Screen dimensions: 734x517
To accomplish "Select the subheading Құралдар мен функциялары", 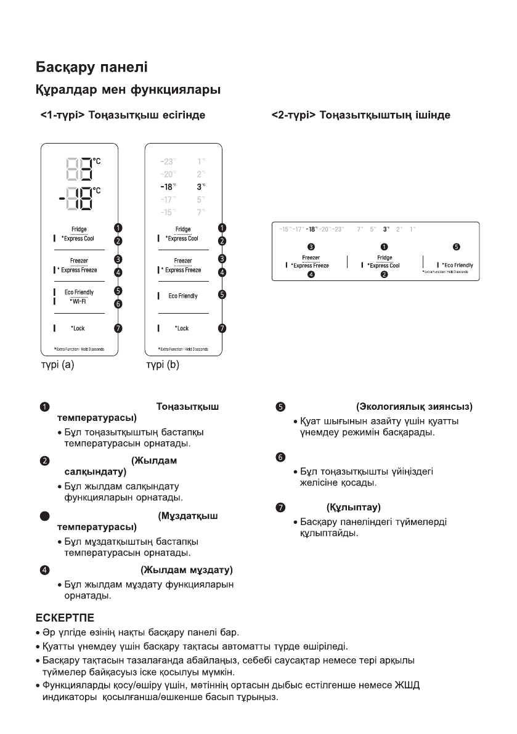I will (x=126, y=90).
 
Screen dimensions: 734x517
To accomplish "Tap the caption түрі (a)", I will (x=54, y=364).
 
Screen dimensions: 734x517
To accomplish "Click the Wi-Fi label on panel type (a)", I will (x=78, y=301).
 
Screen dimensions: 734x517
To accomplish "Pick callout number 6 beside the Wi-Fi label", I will (x=118, y=304).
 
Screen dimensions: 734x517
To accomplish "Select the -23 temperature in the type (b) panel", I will (x=167, y=161).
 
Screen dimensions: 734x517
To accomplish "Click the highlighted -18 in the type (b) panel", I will (x=167, y=186).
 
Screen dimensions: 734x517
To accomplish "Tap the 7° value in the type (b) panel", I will (x=201, y=212).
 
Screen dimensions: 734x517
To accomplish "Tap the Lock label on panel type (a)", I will (x=78, y=328).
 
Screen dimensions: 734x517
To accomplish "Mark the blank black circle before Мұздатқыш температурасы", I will (x=45, y=515).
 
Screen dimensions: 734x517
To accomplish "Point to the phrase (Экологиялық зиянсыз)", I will (x=414, y=407).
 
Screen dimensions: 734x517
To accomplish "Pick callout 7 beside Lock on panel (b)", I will (x=222, y=328).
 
